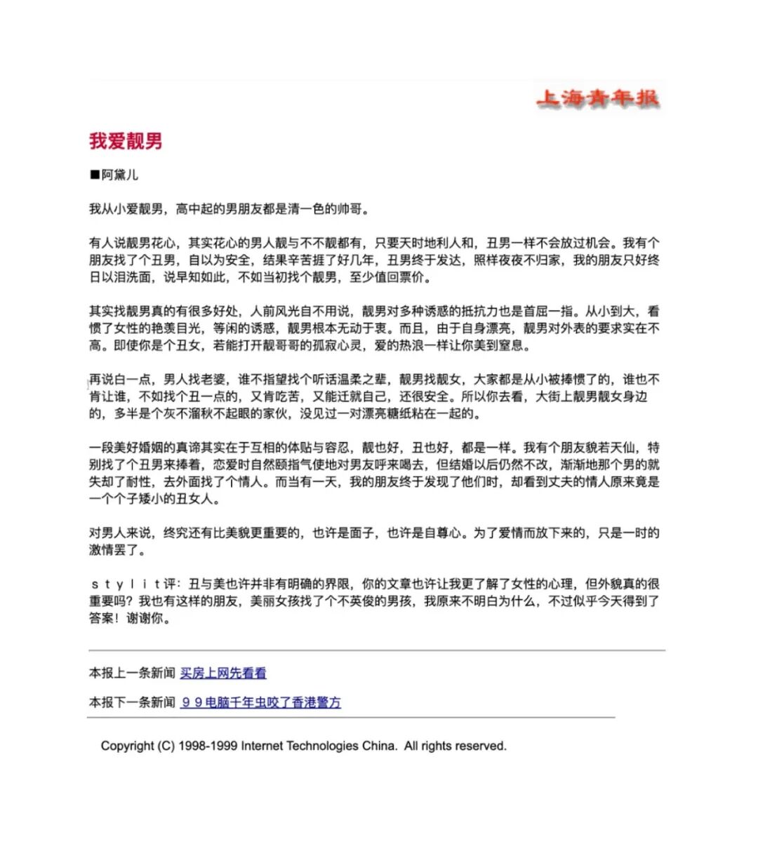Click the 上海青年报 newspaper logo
pyautogui.click(x=597, y=98)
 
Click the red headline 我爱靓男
pyautogui.click(x=126, y=141)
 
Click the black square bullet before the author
pyautogui.click(x=95, y=175)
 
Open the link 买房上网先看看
pyautogui.click(x=223, y=673)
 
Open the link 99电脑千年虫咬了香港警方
pyautogui.click(x=260, y=702)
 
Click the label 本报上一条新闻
pyautogui.click(x=132, y=673)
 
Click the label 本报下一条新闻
pyautogui.click(x=132, y=702)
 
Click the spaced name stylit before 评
pyautogui.click(x=126, y=584)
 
